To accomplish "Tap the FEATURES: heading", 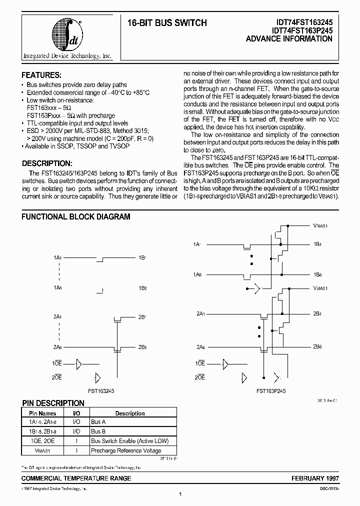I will point(41,75).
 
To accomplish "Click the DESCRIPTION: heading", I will point(47,164).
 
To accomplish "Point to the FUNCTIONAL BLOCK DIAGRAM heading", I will point(75,217).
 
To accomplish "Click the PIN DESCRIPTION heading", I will point(53,403).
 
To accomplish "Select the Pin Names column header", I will point(42,413).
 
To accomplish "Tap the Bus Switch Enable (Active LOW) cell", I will point(130,440).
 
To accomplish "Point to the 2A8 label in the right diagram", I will point(200,346).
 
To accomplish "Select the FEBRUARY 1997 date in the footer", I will point(313,478).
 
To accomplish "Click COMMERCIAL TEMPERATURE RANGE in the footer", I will point(76,478).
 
